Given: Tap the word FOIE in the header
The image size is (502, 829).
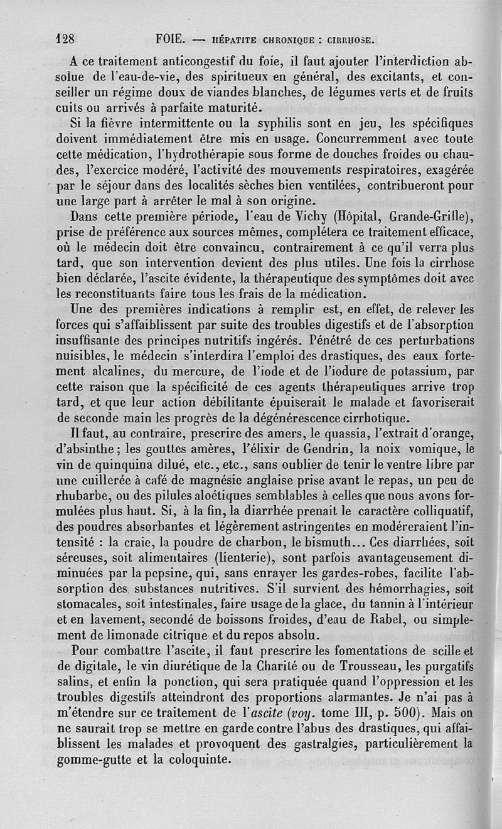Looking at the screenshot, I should click(169, 39).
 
